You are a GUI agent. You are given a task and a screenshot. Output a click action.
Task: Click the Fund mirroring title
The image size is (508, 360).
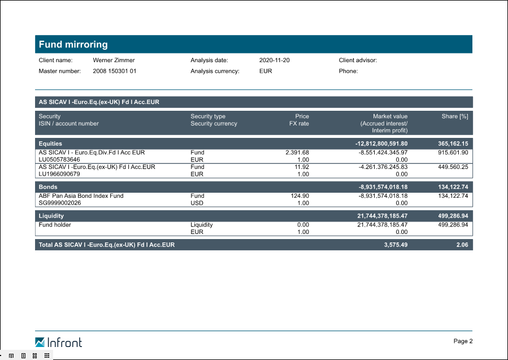pos(73,45)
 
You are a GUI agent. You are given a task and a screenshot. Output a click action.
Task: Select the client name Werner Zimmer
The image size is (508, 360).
pos(114,60)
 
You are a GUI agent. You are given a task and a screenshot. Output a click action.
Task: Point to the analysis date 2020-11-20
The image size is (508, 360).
pos(275,60)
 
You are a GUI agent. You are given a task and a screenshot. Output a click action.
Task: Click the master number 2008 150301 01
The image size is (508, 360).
pos(114,71)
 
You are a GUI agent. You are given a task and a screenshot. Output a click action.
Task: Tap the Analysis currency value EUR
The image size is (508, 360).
pos(266,71)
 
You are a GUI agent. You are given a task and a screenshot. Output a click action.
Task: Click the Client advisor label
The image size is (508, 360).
pos(358,60)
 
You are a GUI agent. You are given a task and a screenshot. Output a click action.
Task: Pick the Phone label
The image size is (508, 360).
pos(348,71)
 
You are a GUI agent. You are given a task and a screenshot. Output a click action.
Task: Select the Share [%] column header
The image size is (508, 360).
pos(455,116)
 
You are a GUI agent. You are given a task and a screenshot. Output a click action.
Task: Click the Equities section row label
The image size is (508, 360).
pos(50,144)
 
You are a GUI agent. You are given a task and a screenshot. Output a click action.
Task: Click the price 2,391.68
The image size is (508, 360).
pos(297,153)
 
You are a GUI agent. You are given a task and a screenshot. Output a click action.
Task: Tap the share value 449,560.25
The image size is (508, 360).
pos(453,167)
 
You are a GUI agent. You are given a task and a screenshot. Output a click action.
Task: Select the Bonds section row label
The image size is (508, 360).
pos(48,186)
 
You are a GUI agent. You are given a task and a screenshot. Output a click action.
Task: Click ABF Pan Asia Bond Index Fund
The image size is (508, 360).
pos(81,196)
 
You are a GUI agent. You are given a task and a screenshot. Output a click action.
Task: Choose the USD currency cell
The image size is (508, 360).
pos(198,203)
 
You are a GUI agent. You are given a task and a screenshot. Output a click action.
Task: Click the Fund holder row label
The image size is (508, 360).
pos(55,225)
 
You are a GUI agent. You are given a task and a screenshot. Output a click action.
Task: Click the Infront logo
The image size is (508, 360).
pos(58,342)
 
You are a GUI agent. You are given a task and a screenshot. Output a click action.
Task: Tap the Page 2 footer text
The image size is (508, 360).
pos(463,341)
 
